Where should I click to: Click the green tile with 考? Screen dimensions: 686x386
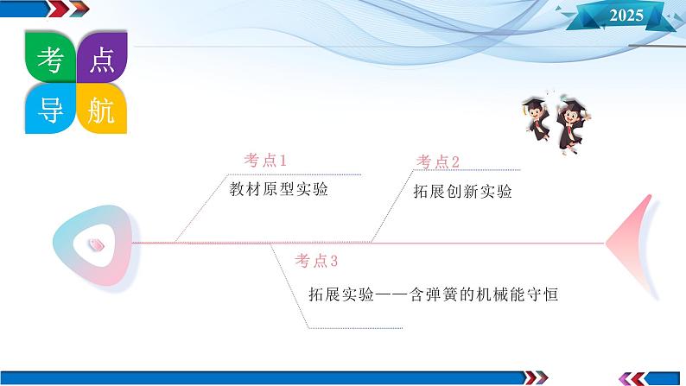(50, 57)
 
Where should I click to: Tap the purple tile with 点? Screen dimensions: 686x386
(102, 57)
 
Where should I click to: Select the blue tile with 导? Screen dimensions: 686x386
(50, 109)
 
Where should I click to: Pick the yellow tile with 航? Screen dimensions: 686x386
(102, 109)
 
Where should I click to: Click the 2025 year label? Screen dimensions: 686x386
(626, 16)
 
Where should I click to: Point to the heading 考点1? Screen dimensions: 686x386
(265, 161)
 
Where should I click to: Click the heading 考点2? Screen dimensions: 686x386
(437, 161)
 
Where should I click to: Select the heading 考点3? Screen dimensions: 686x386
(316, 261)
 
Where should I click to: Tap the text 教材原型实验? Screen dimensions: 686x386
(279, 189)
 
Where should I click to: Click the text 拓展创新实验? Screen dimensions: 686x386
(462, 192)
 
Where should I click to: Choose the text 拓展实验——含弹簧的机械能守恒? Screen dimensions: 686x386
(433, 294)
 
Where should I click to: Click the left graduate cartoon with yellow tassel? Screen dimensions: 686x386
(537, 118)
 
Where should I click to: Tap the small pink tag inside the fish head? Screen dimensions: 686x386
(96, 244)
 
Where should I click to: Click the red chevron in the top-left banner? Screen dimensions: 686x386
(57, 9)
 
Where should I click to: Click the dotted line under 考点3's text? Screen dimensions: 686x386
(355, 328)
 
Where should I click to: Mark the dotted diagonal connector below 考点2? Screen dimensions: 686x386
(392, 206)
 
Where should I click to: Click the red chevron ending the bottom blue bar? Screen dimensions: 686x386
(530, 377)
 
